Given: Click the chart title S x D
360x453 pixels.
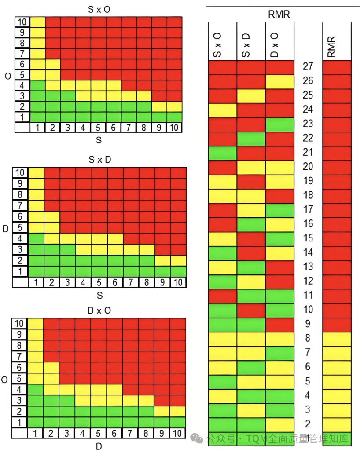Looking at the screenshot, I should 99,160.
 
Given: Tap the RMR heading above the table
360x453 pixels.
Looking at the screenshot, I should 279,15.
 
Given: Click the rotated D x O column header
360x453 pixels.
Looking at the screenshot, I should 274,45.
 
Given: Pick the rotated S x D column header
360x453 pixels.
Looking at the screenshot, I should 246,45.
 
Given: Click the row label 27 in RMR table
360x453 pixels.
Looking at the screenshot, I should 308,66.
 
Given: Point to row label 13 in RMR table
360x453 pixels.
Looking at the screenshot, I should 308,267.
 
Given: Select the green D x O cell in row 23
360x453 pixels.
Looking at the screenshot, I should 279,124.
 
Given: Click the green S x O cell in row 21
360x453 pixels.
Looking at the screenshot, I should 222,153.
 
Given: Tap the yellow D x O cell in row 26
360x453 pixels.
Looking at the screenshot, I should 279,81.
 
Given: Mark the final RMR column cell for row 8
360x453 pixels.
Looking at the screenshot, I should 337,339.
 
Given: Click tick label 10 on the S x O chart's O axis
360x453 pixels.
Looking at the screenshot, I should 22,22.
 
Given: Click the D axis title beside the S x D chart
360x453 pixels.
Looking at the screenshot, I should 5,229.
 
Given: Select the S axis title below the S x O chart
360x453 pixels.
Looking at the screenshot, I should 99,140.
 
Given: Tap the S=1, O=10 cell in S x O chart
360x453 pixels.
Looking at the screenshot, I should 37,22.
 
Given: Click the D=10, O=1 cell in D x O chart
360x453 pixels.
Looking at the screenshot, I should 177,422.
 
